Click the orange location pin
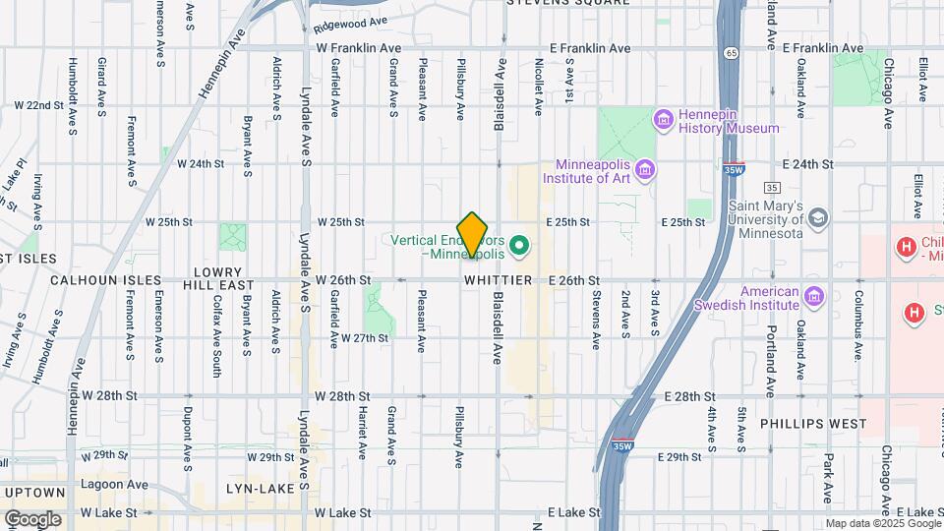point(473,232)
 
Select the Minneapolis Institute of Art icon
point(644,171)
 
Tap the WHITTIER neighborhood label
point(499,281)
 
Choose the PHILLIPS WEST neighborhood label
point(813,424)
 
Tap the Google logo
point(32,519)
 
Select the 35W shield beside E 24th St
point(733,167)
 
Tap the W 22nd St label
point(38,105)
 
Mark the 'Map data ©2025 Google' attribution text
point(882,524)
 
